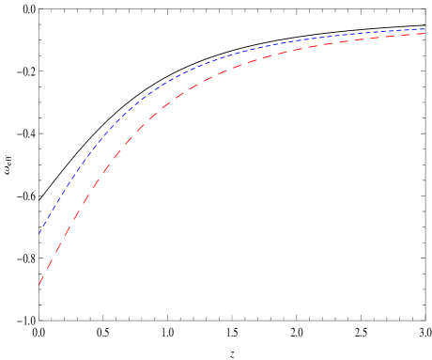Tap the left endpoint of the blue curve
click(39, 233)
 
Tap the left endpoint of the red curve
click(39, 284)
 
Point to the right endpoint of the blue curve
click(425, 29)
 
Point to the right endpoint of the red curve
click(425, 34)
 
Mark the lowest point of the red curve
click(39, 284)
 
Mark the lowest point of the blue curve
click(39, 233)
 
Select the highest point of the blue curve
click(425, 29)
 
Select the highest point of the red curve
click(425, 34)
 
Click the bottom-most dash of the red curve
click(41, 279)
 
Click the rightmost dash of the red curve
click(422, 34)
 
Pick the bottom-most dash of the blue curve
click(41, 230)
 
